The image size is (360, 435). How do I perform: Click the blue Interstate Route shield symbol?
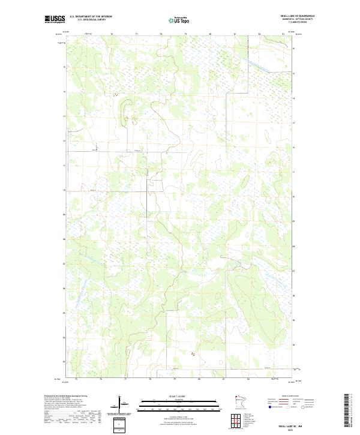[269, 407]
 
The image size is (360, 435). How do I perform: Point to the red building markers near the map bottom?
[193, 355]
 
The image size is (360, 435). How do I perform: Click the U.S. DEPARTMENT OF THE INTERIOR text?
[91, 17]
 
